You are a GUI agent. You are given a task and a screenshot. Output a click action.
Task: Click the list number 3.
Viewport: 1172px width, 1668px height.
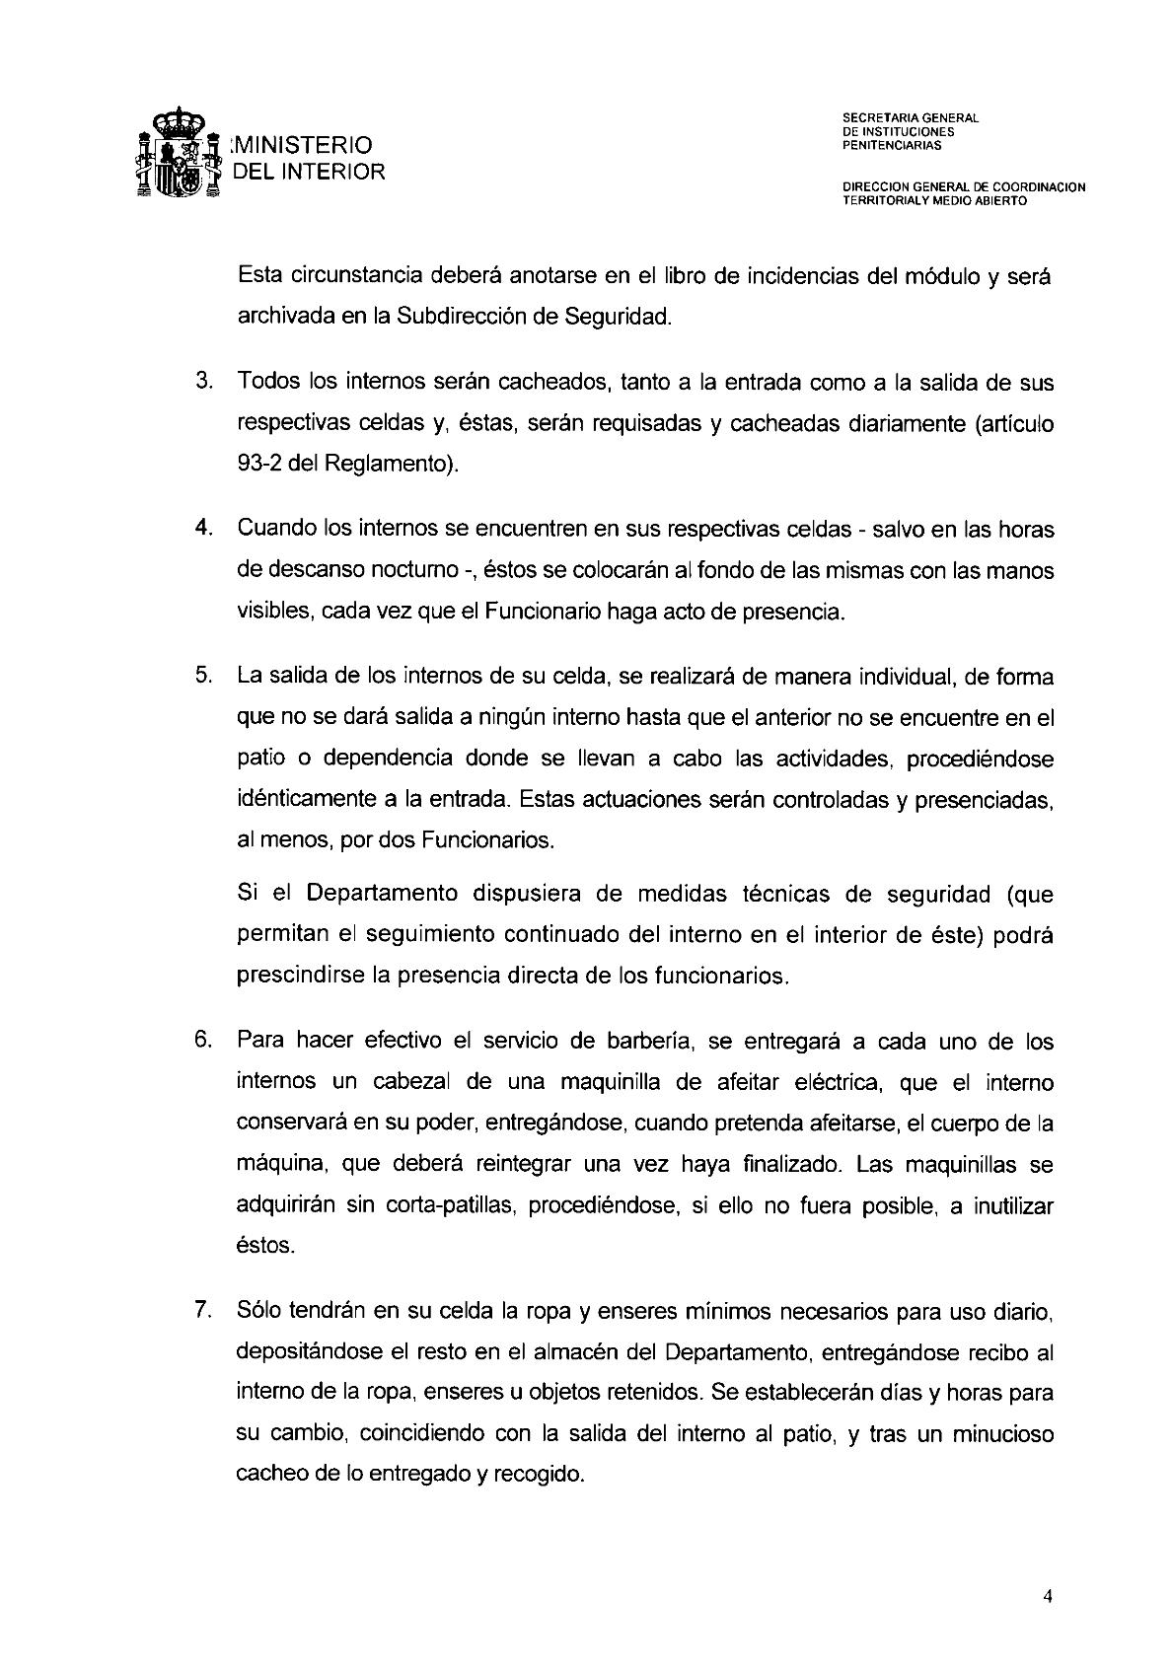[204, 382]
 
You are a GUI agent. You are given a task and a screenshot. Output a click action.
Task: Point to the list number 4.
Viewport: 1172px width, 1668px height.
[204, 528]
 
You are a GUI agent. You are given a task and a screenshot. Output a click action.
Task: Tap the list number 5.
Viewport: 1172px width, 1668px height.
[204, 676]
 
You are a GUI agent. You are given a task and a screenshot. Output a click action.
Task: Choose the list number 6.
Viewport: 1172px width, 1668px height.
[204, 1041]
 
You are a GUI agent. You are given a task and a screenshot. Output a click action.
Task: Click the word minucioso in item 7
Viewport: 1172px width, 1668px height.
[1002, 1433]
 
